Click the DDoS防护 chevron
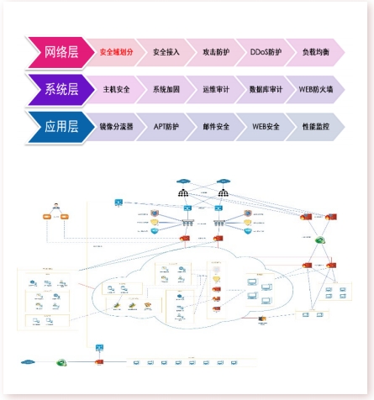tap(266, 52)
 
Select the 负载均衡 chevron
tap(316, 52)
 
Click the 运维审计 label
tap(216, 89)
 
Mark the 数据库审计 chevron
tap(266, 89)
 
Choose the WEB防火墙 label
tap(316, 89)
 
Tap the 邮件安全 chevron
tap(216, 127)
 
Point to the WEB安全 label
tap(266, 127)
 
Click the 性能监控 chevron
tap(316, 127)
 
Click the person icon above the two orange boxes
tap(56, 206)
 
